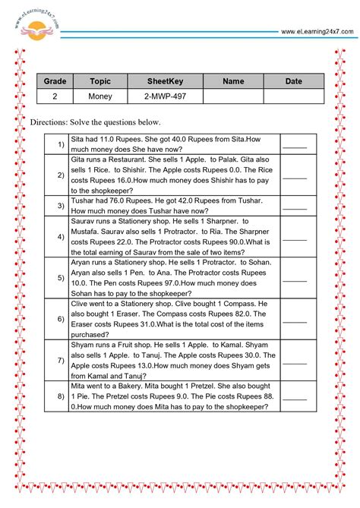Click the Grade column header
click(x=54, y=81)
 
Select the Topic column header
click(x=100, y=81)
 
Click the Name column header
click(x=233, y=81)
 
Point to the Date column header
click(x=293, y=81)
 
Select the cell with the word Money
click(x=100, y=96)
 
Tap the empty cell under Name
click(x=233, y=96)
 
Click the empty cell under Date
click(x=293, y=96)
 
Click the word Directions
click(x=51, y=122)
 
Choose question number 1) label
click(x=60, y=144)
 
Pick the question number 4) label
click(x=60, y=235)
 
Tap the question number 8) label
click(x=60, y=396)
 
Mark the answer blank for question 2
click(x=295, y=175)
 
